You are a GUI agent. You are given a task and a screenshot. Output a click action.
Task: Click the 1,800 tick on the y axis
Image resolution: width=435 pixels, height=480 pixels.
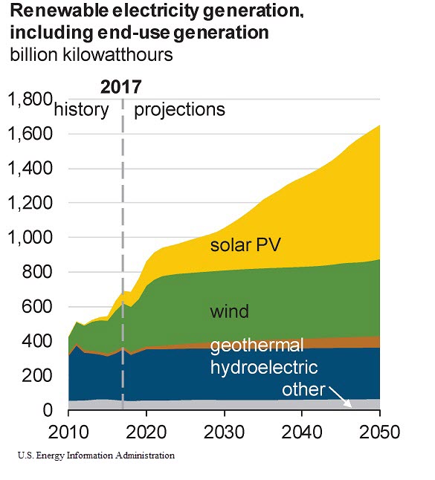pos(30,100)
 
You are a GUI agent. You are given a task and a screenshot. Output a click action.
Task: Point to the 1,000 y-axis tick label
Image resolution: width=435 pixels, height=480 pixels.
pos(30,238)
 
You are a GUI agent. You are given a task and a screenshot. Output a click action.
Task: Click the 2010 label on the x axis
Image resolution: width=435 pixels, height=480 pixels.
pos(68,432)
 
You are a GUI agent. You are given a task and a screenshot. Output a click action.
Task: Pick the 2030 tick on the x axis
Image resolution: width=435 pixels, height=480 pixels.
pos(225,432)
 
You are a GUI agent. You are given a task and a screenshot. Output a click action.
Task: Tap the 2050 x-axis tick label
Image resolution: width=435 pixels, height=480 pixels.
pos(379,432)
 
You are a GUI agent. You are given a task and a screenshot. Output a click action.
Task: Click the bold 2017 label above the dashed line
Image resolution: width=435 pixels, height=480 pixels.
pos(121,86)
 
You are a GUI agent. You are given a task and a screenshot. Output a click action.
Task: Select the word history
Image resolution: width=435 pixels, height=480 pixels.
pos(82,109)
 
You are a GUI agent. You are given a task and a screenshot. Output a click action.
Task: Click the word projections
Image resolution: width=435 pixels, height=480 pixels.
pos(178,109)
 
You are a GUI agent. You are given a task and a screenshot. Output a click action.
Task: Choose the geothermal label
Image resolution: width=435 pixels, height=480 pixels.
pos(257,346)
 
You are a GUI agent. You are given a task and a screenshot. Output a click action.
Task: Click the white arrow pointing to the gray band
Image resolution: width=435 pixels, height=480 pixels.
pos(341,397)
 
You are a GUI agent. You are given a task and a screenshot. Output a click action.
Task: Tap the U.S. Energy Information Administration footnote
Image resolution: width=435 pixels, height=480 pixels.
pos(91,455)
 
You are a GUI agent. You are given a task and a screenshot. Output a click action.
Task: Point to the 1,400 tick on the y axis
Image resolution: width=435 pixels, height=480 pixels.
pos(30,169)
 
